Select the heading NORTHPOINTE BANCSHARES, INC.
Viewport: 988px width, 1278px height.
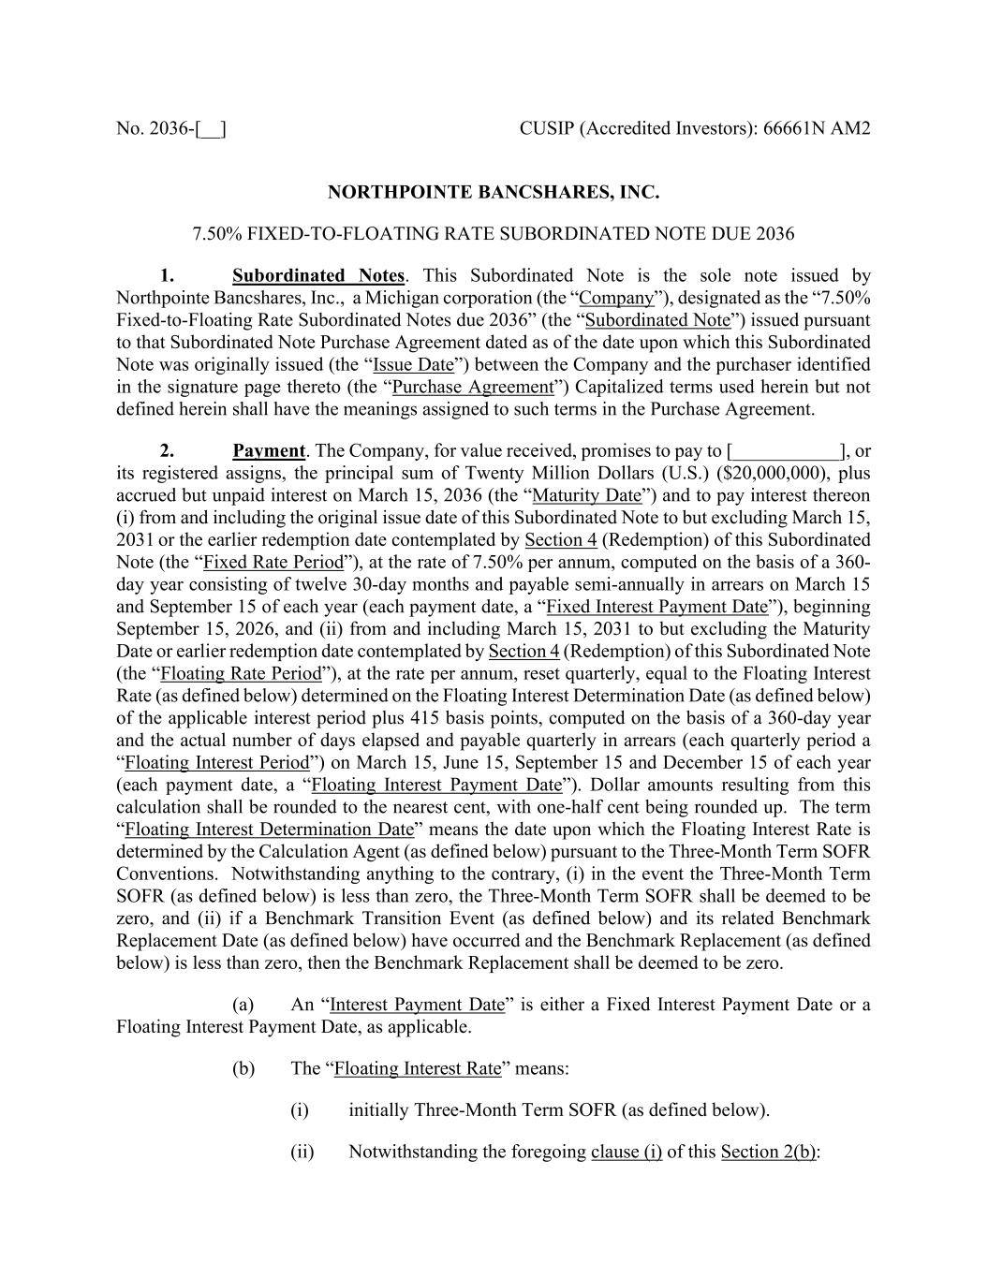(494, 193)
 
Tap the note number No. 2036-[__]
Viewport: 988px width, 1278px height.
(170, 127)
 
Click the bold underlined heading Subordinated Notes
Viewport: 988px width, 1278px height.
(318, 275)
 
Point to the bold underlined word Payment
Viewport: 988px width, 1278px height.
(269, 450)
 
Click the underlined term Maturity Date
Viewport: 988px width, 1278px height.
(586, 495)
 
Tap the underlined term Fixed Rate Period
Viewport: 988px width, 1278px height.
(273, 562)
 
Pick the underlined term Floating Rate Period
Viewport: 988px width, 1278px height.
(241, 673)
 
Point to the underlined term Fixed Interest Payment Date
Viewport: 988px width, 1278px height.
(656, 607)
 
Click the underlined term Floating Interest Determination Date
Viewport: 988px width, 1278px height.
(269, 830)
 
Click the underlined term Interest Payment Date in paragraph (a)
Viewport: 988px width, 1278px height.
(418, 1005)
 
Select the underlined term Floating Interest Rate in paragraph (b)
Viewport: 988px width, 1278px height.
(418, 1068)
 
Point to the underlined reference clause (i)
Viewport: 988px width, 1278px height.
(627, 1152)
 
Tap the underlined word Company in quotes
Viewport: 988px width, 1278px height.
(616, 298)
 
